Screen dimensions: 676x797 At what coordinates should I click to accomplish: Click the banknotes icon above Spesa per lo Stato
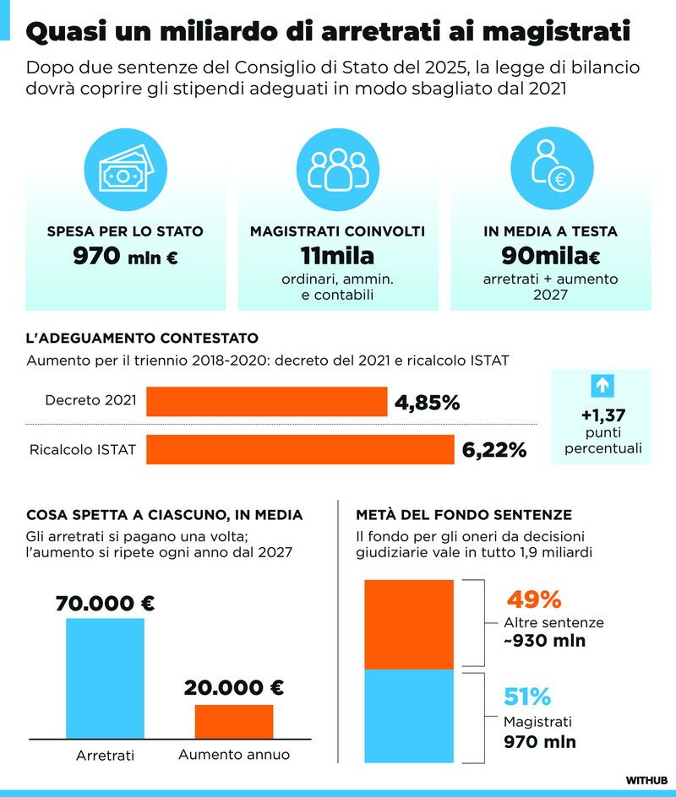pos(126,169)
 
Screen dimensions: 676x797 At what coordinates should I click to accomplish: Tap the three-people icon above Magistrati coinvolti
pos(338,169)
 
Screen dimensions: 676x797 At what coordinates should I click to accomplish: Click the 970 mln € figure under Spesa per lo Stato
pos(125,256)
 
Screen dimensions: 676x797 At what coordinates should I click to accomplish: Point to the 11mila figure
pos(337,256)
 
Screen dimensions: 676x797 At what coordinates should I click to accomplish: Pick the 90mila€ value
pos(551,256)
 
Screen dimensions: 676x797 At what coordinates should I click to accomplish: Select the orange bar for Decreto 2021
pos(266,402)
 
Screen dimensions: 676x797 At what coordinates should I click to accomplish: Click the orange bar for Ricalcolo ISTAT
pos(300,449)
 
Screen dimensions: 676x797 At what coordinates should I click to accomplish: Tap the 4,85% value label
pos(428,403)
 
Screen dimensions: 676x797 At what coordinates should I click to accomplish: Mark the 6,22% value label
pos(493,450)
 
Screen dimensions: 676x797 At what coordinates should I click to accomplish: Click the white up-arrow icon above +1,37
pos(602,386)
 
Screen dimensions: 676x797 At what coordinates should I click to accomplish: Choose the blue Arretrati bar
pos(106,679)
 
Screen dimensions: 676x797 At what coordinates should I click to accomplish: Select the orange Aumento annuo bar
pos(234,722)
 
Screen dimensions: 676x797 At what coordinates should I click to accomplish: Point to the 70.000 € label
pos(106,604)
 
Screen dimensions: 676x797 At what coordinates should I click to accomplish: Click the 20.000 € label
pos(234,688)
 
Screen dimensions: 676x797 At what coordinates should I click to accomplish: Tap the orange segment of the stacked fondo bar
pos(409,625)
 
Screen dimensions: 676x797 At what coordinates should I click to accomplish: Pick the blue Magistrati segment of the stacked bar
pos(409,716)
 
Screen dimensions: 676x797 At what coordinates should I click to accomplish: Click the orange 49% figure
pos(534,599)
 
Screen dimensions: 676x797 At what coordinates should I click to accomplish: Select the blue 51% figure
pos(527,697)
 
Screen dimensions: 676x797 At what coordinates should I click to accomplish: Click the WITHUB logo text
pos(646,780)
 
